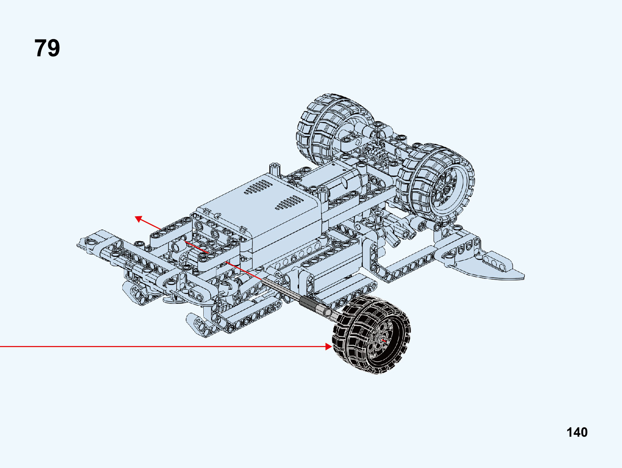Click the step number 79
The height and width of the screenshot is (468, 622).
tap(47, 48)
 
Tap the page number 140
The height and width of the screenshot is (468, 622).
tap(577, 432)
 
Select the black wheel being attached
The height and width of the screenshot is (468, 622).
tap(372, 334)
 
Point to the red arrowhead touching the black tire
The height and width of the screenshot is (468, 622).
tap(329, 346)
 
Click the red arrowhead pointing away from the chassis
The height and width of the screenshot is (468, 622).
tap(138, 219)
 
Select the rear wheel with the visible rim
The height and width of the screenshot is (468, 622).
tap(435, 183)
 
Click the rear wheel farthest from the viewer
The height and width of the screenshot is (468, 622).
tap(334, 129)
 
